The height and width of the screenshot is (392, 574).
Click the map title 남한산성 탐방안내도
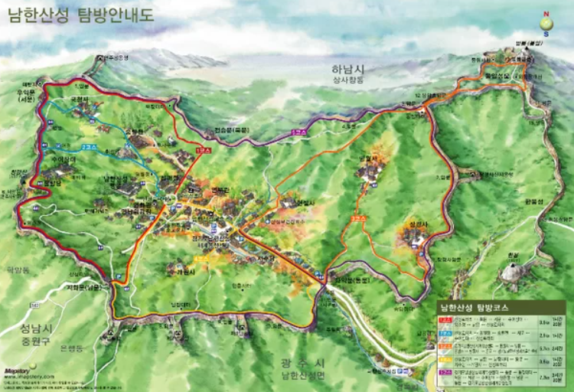[80, 15]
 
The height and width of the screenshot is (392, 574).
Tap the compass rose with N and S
[546, 23]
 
